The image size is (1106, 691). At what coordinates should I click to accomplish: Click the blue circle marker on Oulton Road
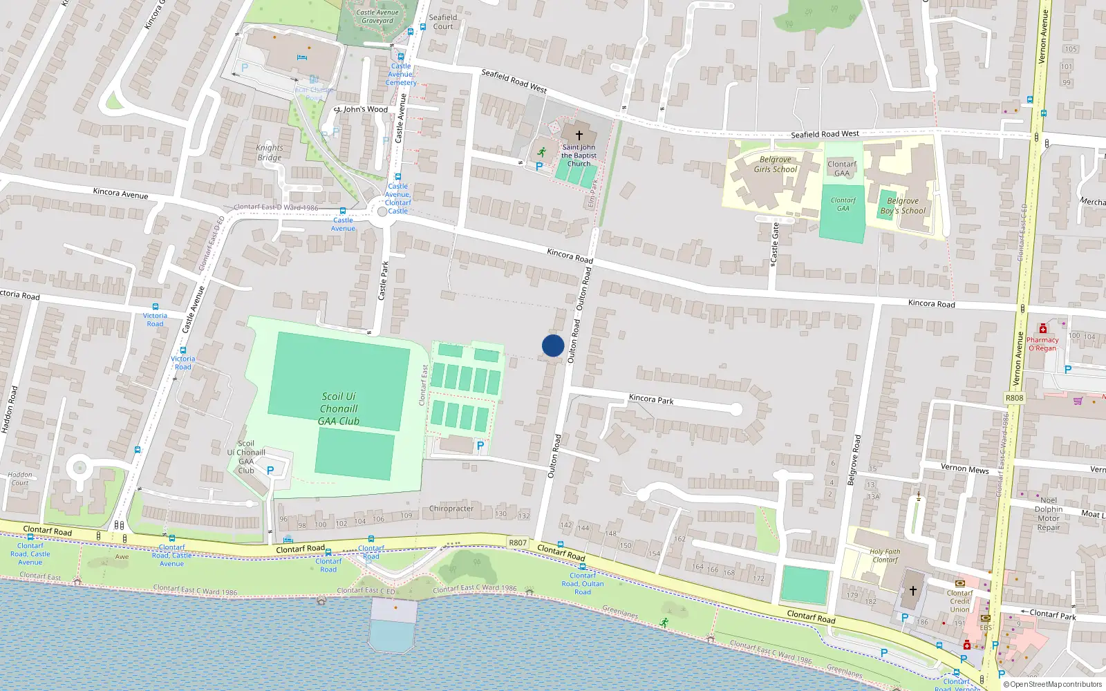(553, 345)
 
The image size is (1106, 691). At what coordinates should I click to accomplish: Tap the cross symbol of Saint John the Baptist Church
(579, 135)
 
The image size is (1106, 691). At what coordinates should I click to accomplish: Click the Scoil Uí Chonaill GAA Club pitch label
(339, 408)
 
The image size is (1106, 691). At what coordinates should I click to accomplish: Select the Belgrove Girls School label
(775, 164)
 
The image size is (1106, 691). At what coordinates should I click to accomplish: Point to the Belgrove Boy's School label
(903, 206)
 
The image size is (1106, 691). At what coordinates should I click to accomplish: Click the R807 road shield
(518, 542)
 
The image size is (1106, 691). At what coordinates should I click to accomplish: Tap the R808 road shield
(1014, 398)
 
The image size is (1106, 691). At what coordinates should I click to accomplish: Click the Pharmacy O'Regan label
(1042, 343)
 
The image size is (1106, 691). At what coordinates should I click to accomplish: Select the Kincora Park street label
(651, 399)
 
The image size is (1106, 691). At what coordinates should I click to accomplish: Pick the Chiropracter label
(451, 509)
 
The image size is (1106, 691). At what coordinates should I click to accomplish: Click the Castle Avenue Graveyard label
(377, 17)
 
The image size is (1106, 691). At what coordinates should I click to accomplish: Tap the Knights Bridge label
(270, 153)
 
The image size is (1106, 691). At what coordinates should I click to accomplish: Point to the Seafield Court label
(443, 22)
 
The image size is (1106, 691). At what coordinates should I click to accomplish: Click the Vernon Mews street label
(964, 468)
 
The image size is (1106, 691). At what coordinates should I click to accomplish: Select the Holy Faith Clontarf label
(885, 556)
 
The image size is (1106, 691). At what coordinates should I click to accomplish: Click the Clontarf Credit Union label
(959, 601)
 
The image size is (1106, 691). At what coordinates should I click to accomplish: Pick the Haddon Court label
(20, 478)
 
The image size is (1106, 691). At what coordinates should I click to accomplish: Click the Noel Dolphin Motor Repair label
(1049, 513)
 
